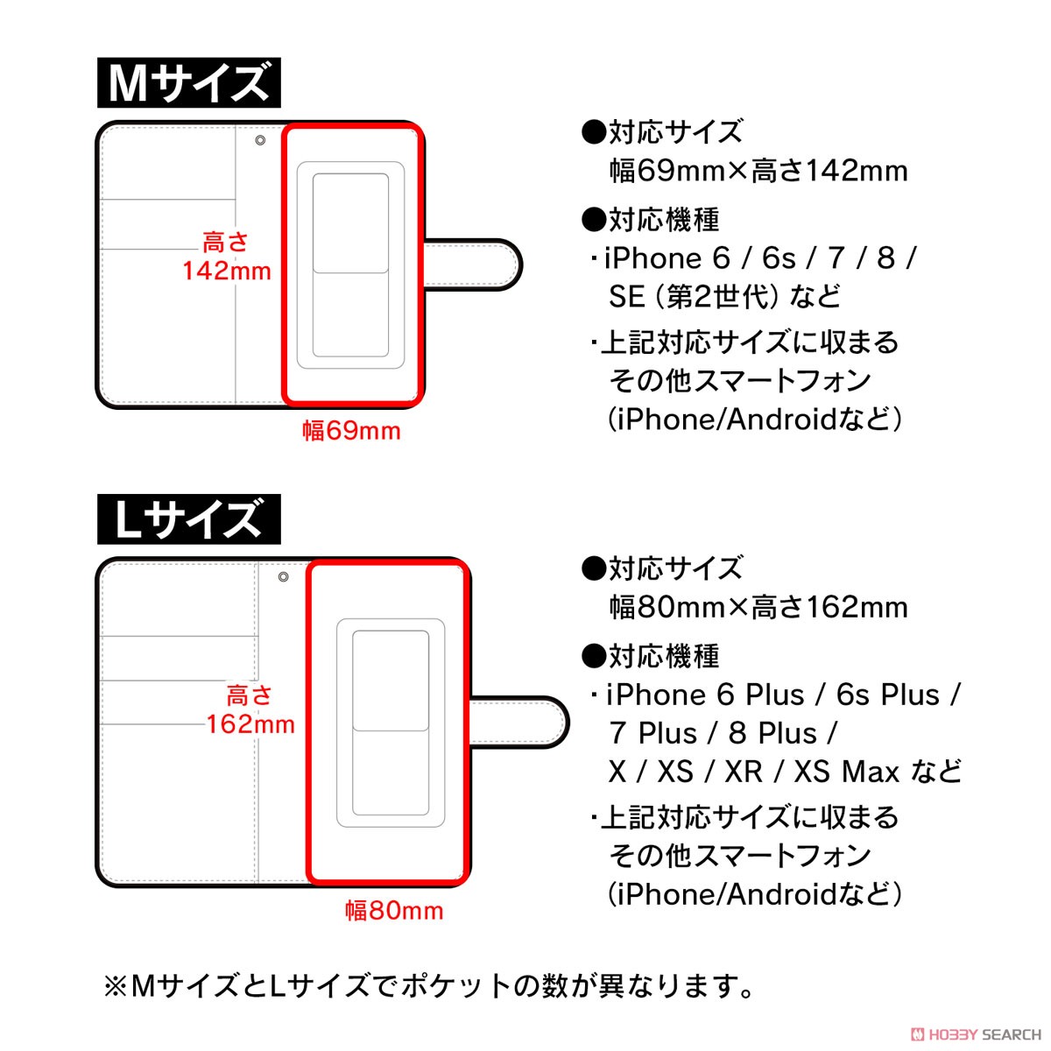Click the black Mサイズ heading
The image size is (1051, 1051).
[188, 83]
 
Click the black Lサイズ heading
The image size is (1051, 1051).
[188, 519]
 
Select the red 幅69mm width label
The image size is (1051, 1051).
[351, 431]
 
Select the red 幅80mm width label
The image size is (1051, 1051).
[394, 911]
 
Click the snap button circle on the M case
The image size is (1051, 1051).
[260, 140]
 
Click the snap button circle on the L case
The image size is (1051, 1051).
[283, 577]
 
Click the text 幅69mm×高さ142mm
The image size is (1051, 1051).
[758, 171]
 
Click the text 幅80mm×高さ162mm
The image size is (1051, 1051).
[758, 607]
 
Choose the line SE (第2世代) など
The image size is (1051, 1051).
[724, 297]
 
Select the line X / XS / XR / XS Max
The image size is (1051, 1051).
[785, 772]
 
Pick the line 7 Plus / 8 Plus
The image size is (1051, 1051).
[723, 733]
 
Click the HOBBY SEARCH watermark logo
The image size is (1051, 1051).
[976, 1034]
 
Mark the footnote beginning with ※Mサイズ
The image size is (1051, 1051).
[429, 987]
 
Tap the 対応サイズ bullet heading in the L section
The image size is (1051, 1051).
[662, 568]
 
